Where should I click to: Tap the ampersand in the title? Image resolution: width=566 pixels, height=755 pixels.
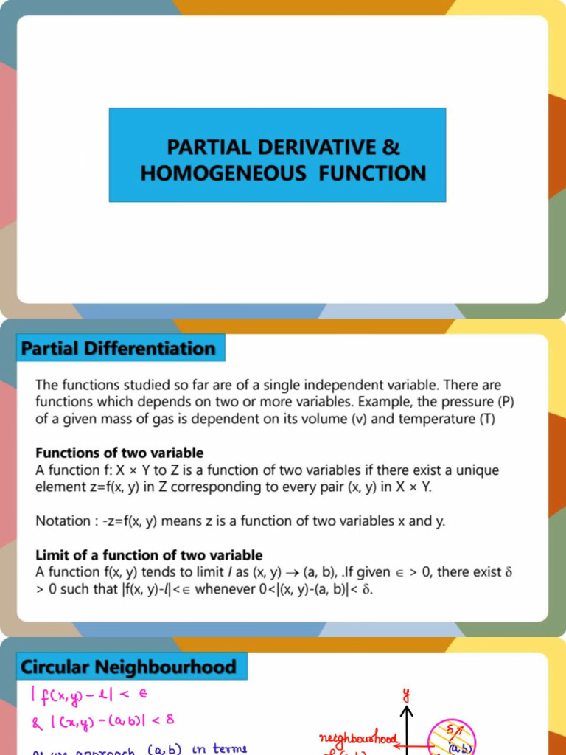[391, 147]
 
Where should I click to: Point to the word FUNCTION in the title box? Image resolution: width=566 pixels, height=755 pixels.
[372, 173]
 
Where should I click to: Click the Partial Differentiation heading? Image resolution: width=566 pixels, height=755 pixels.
[119, 348]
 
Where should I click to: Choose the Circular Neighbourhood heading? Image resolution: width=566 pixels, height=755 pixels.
[128, 668]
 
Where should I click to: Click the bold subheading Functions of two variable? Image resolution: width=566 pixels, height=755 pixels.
[119, 453]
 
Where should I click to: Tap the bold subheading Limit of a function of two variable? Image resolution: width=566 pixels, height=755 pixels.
[149, 554]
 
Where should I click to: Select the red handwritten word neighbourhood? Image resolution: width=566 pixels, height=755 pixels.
[358, 738]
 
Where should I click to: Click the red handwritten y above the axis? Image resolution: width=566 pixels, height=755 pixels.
[405, 693]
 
